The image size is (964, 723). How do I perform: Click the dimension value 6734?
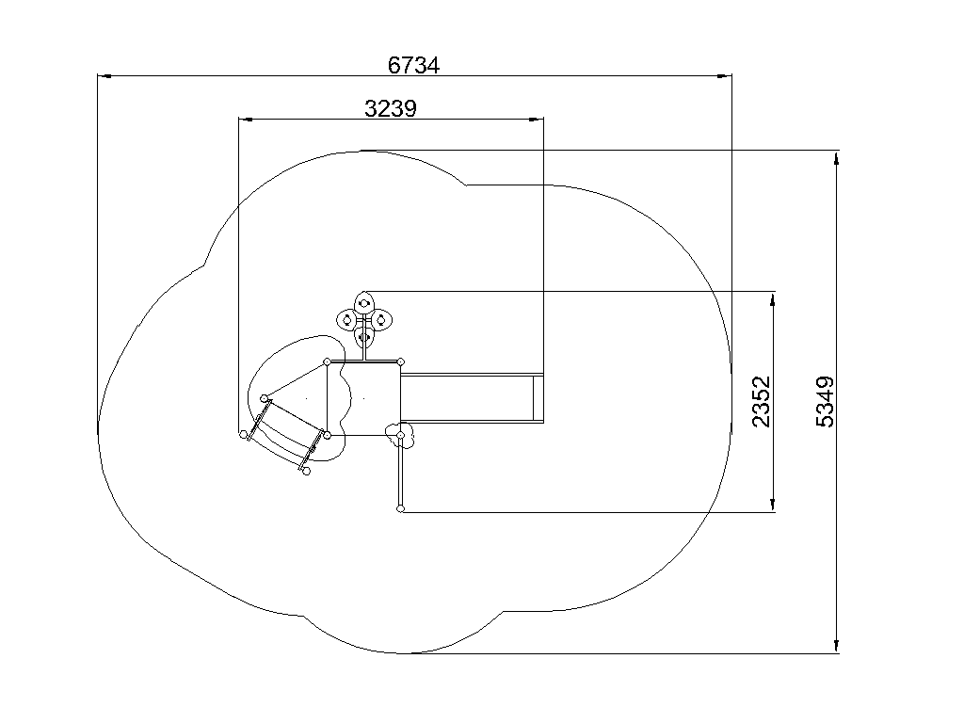point(414,65)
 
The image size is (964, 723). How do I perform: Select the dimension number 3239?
point(391,109)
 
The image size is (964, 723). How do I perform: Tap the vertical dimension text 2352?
point(761,401)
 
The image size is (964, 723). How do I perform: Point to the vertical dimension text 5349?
point(825,401)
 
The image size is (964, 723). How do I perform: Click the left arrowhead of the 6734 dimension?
point(104,76)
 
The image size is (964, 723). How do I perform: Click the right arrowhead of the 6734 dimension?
point(725,76)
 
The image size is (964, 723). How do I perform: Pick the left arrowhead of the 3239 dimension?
point(246,120)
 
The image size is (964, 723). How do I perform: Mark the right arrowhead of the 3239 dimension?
point(537,120)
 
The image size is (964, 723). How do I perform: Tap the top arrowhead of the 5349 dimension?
point(836,157)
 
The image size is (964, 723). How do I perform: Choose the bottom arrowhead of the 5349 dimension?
point(836,646)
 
